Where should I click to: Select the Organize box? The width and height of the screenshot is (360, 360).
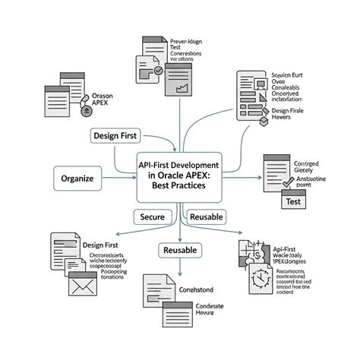77,179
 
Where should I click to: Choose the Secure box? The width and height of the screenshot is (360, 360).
153,217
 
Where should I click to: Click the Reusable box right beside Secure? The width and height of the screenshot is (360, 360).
206,217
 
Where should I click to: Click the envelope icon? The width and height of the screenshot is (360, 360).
80,287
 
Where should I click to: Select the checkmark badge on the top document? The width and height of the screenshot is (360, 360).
158,71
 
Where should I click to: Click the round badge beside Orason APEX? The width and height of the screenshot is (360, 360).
82,111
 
